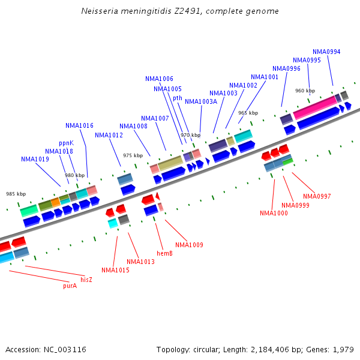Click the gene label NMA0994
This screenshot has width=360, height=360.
[326, 52]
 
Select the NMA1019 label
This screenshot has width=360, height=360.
[35, 159]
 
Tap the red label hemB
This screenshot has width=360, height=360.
[164, 253]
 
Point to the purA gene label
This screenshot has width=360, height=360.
[70, 286]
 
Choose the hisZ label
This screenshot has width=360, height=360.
[86, 280]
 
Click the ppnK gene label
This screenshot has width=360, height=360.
[67, 143]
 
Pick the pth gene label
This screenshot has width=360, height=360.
[178, 98]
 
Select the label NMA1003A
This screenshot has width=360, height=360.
[201, 101]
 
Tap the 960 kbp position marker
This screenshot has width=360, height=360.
[305, 91]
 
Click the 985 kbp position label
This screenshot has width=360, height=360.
[16, 194]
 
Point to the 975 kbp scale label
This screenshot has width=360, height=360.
[133, 155]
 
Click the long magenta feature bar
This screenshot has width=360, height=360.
[315, 108]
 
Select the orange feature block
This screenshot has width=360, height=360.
[55, 202]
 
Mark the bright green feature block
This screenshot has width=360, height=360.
[288, 162]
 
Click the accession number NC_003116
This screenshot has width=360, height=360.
[65, 350]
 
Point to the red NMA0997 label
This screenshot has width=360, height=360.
[317, 196]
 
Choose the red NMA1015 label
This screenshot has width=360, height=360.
[115, 270]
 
